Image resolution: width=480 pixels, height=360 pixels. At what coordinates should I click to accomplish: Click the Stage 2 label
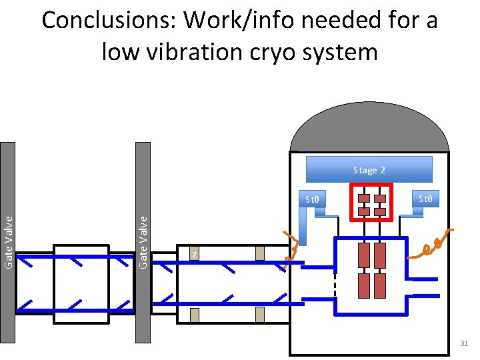pyautogui.click(x=369, y=170)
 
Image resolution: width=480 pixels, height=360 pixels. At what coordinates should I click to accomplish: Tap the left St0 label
pyautogui.click(x=312, y=199)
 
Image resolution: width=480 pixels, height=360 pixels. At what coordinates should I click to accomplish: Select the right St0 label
pyautogui.click(x=425, y=198)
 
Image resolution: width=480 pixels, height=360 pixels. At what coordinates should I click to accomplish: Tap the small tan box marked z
pyautogui.click(x=194, y=254)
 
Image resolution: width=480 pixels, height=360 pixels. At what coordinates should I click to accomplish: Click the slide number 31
pyautogui.click(x=464, y=343)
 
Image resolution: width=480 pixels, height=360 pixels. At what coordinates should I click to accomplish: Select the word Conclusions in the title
pyautogui.click(x=110, y=21)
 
